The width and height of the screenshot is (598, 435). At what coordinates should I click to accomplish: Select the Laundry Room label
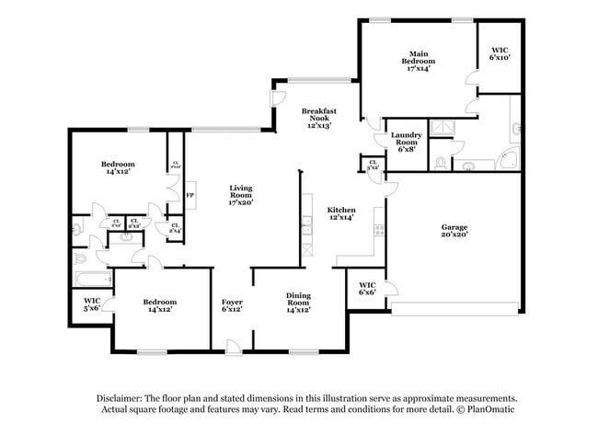pos(408,143)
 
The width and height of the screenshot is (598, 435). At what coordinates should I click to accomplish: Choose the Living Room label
pos(240,194)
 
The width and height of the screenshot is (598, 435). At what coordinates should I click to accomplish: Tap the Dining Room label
pos(297,303)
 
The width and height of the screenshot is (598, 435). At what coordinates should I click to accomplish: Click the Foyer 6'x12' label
pos(232,305)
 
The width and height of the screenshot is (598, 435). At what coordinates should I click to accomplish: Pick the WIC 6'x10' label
pos(500,52)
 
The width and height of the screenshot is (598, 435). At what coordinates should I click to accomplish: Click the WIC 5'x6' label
pos(92,304)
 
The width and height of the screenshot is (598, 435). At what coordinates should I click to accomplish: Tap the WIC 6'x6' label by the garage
pos(367,289)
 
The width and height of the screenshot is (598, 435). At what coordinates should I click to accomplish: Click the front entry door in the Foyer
pos(234,348)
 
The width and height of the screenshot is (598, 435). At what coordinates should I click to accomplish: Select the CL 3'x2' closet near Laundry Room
pos(373,166)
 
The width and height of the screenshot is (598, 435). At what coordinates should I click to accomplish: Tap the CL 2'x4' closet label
pos(175,228)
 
